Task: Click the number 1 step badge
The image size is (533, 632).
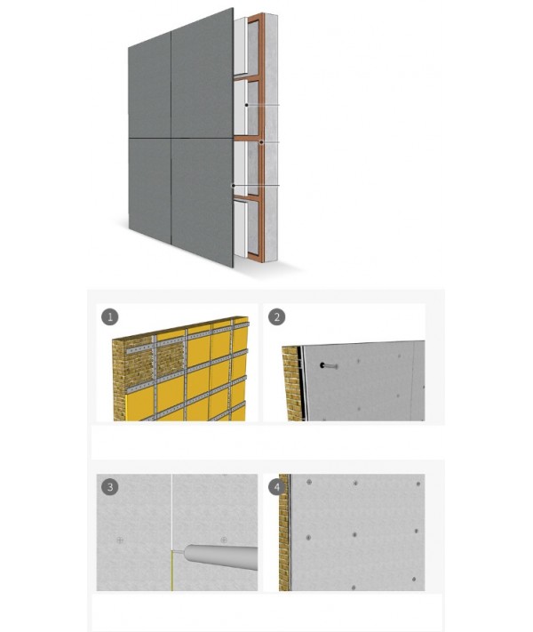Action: [x=109, y=316]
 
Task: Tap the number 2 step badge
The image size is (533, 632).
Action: [x=277, y=316]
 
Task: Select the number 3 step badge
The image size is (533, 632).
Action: [x=109, y=487]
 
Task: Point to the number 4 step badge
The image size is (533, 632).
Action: [x=277, y=488]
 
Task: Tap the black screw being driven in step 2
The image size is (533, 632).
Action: [x=329, y=366]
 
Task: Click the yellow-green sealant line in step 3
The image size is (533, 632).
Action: [x=171, y=571]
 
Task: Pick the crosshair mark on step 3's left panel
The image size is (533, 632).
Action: [x=120, y=540]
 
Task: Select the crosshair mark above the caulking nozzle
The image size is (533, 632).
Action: [x=224, y=540]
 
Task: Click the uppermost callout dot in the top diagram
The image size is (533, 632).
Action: [x=247, y=105]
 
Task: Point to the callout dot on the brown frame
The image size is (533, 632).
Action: [x=261, y=142]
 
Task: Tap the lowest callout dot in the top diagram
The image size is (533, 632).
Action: [x=233, y=186]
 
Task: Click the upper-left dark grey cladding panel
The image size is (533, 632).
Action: [x=150, y=85]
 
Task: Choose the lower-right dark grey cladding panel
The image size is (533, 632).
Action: [x=203, y=203]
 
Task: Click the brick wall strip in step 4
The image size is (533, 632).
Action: [x=284, y=532]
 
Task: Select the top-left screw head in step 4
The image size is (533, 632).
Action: [x=309, y=482]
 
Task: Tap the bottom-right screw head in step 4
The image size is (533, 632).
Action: [x=414, y=580]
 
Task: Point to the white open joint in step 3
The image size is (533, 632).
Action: [x=171, y=512]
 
